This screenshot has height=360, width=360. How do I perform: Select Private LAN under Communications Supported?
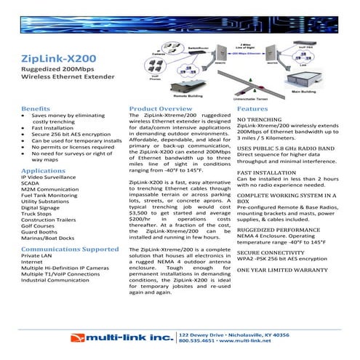click(37, 257)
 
